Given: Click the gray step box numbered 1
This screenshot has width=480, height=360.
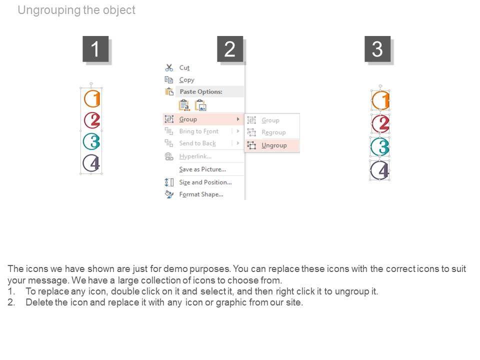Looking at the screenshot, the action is coord(95,49).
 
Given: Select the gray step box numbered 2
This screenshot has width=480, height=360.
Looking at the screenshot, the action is coord(230,49).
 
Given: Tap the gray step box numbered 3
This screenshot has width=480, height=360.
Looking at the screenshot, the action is coord(377,49).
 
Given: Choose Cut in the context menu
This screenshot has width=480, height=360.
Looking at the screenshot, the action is coord(184,67).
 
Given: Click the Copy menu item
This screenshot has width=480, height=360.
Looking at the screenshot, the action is coord(186,80).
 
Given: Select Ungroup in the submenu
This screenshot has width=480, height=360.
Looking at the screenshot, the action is coord(274,145).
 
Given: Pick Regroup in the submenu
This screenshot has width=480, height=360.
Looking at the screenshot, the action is coord(273,132).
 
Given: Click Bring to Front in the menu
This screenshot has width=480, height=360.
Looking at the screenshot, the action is coord(199,131).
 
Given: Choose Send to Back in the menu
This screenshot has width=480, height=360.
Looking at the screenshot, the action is coord(197,143).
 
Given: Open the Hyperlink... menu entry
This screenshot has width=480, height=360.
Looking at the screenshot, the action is coord(195,156).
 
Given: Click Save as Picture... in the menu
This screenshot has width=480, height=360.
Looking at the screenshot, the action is coord(202,169).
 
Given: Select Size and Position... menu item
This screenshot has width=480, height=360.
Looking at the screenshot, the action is coord(205,182).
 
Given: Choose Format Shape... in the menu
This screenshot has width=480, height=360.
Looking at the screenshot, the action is coord(201,194).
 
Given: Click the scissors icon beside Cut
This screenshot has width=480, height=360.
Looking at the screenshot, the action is coord(169,67).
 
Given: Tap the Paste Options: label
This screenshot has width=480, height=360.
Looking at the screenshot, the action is coord(201,91).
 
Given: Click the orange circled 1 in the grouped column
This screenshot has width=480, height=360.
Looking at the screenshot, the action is coord(92,98).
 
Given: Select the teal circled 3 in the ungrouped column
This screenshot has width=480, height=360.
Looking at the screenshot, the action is coord(380,146).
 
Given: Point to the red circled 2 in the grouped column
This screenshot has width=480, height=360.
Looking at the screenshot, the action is coord(92,120).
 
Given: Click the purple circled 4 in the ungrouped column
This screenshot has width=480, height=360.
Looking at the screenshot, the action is coord(380,170).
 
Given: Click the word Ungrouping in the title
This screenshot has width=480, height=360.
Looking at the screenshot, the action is coord(49,10).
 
